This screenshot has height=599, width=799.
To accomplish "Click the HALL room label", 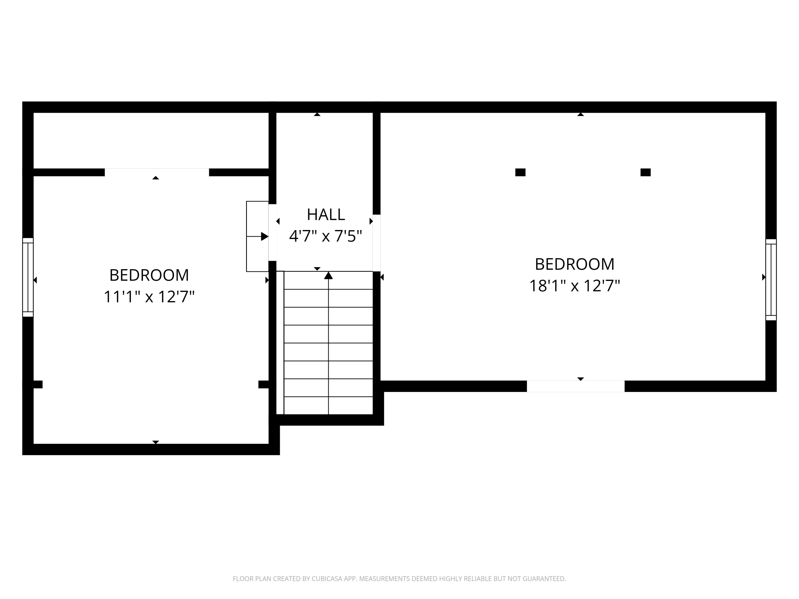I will pyautogui.click(x=325, y=215).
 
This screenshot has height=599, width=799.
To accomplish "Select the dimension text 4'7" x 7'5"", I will pyautogui.click(x=325, y=236).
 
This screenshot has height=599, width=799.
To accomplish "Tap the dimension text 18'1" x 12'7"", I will pyautogui.click(x=574, y=286).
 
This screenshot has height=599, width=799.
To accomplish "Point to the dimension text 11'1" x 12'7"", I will pyautogui.click(x=149, y=297).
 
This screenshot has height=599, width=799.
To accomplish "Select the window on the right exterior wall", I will pyautogui.click(x=771, y=280).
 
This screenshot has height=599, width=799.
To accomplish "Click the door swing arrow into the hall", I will pyautogui.click(x=264, y=236).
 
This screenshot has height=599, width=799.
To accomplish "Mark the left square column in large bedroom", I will pyautogui.click(x=520, y=172).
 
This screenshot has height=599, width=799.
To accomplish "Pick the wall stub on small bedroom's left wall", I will pyautogui.click(x=38, y=384).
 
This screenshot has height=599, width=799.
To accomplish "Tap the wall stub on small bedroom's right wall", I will pyautogui.click(x=264, y=384).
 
